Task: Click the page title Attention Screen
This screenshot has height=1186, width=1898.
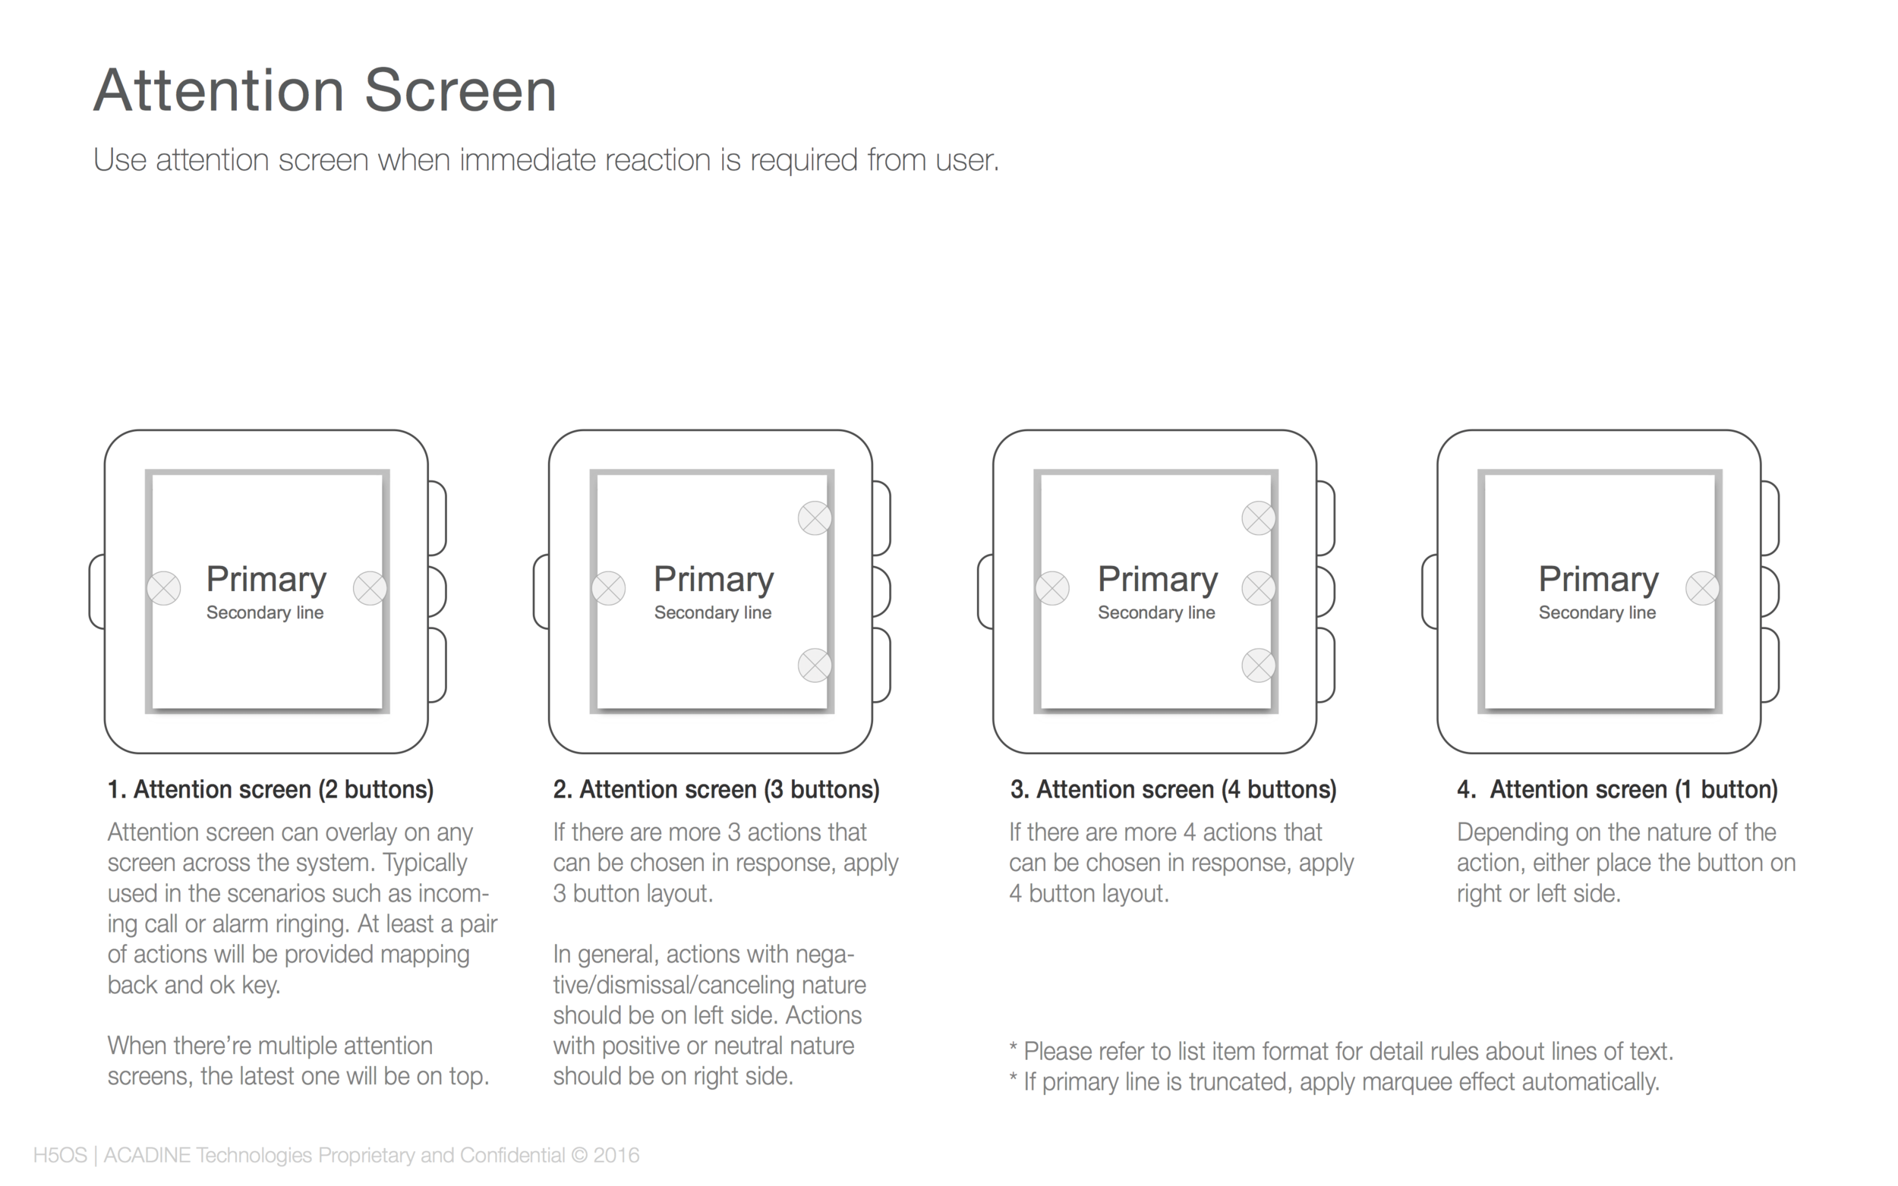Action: coord(325,90)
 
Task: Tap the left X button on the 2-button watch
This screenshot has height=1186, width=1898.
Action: coord(164,588)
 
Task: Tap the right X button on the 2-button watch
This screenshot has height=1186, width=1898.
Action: coord(370,588)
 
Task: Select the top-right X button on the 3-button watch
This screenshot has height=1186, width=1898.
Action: coord(815,518)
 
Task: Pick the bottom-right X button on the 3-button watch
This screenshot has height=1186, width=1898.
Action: coord(815,665)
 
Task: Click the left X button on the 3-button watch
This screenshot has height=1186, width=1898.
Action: coord(608,588)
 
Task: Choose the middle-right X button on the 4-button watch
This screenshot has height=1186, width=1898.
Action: coord(1259,588)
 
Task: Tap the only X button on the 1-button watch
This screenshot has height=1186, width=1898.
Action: coord(1703,588)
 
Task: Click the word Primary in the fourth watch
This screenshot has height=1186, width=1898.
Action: coord(1598,580)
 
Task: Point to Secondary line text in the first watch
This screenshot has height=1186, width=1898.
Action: coord(265,612)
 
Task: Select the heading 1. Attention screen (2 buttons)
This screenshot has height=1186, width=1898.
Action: coord(271,789)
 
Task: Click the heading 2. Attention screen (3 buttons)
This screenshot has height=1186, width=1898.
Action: coord(717,789)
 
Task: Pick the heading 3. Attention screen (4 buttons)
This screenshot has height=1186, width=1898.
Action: coord(1173,789)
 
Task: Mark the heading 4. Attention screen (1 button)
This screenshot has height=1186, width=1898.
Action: coord(1617,789)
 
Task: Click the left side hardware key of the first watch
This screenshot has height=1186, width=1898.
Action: coord(97,591)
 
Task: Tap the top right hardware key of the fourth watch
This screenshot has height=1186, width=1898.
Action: coord(1771,518)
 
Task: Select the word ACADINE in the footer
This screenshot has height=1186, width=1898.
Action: coord(147,1156)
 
